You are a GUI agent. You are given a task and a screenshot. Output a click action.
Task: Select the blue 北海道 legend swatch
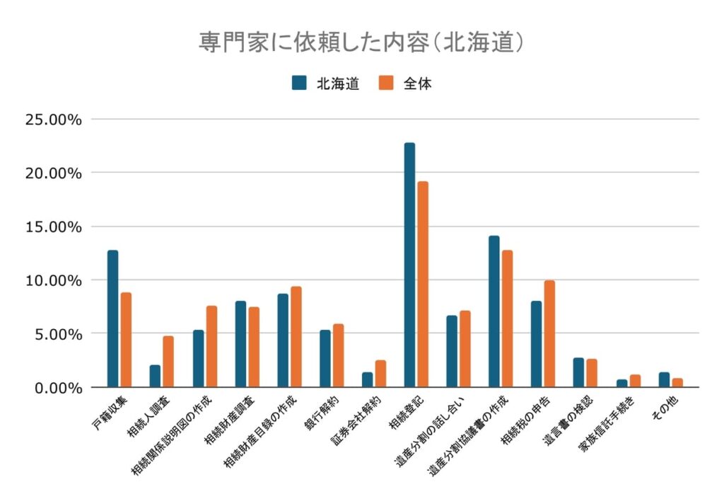(x=299, y=83)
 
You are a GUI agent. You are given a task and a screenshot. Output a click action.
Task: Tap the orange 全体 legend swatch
(x=387, y=83)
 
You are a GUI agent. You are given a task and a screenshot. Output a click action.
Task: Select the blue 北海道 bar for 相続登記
(x=409, y=265)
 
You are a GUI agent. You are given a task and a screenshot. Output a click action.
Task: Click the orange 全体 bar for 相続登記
(x=423, y=284)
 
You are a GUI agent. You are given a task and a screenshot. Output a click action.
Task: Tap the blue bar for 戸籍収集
(x=113, y=319)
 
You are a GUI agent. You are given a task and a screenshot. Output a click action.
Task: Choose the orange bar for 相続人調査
(x=168, y=361)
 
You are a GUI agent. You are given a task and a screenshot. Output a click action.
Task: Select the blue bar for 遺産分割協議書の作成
(x=494, y=311)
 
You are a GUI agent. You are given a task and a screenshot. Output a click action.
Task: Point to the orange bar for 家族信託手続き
(x=635, y=381)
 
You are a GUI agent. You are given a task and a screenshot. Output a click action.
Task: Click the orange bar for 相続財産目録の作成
(x=296, y=336)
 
